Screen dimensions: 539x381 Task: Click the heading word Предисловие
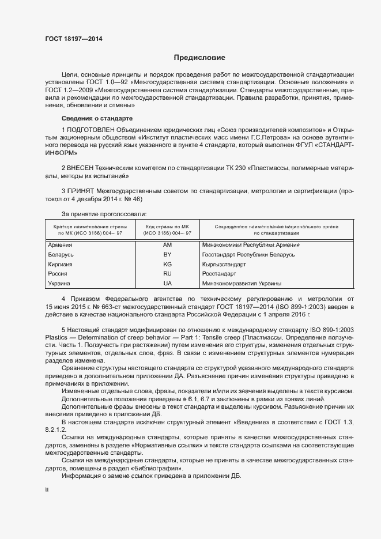tap(199, 58)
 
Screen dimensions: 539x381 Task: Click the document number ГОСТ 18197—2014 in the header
tap(74, 39)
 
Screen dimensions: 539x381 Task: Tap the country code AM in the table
tap(168, 245)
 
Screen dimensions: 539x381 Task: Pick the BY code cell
tap(168, 255)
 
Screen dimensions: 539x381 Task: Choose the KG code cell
tap(168, 265)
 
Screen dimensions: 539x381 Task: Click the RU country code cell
tap(168, 274)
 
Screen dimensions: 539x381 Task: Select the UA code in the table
tap(168, 284)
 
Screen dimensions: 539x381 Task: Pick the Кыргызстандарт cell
tap(224, 265)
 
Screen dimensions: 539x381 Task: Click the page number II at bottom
tap(47, 489)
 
